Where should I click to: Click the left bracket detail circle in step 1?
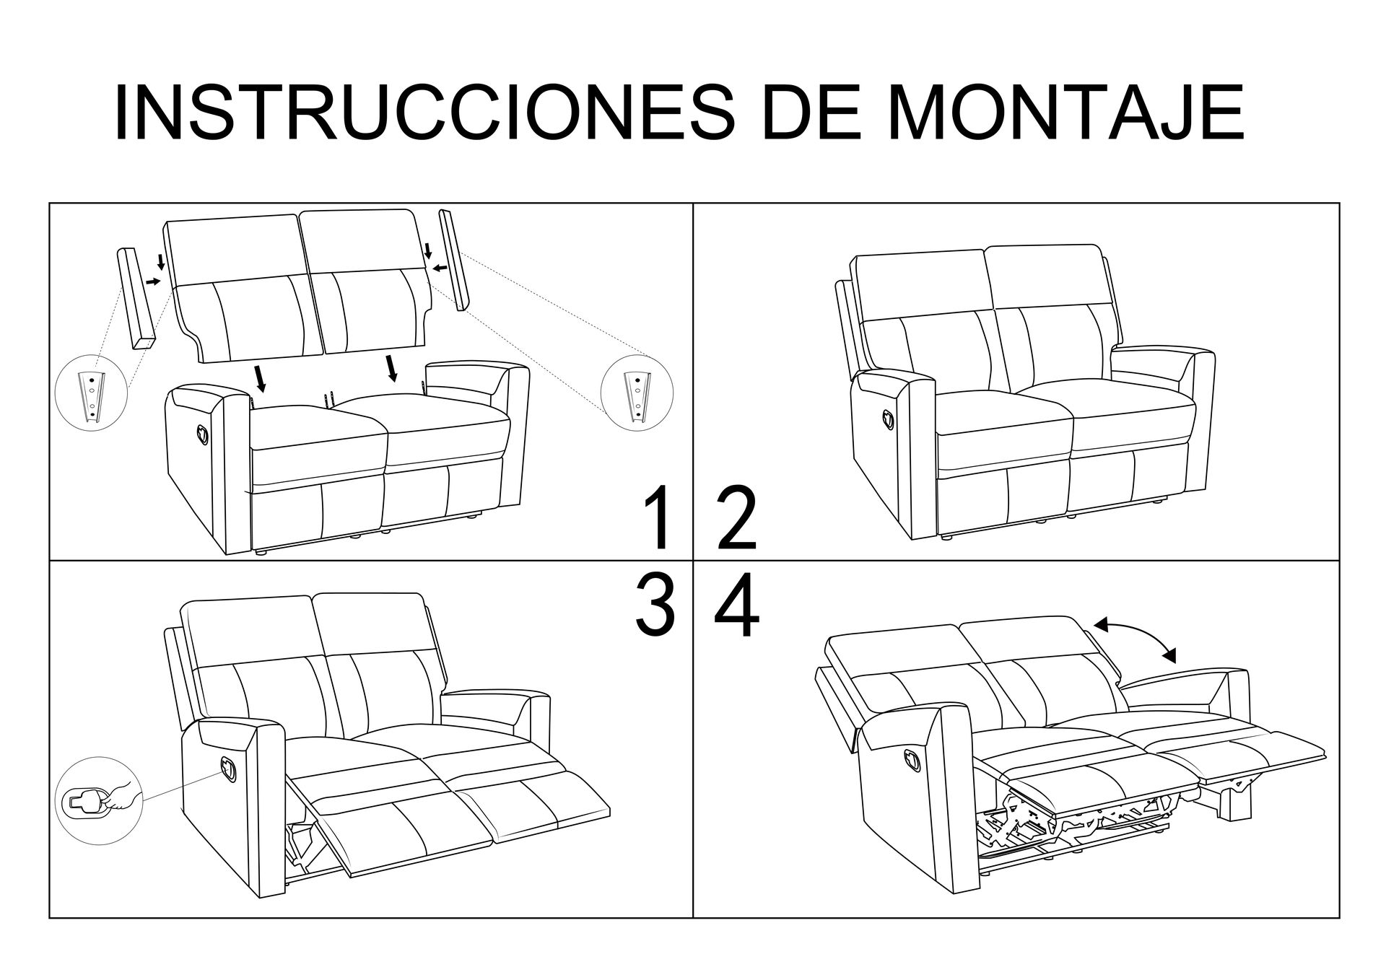[x=92, y=393]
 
